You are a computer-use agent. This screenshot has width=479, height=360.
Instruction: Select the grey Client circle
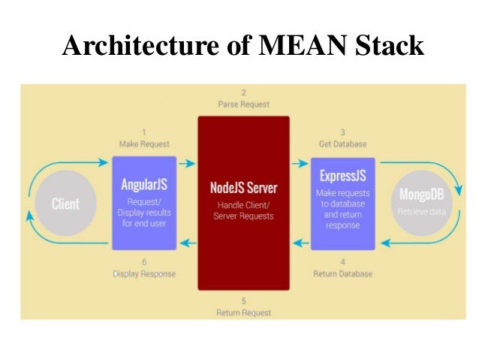[65, 204]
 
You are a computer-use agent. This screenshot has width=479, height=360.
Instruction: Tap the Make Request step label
[144, 144]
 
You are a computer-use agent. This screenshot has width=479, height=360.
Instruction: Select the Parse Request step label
[243, 104]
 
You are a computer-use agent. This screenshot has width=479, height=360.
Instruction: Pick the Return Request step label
[243, 312]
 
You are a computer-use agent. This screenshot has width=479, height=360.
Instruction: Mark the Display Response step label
[144, 274]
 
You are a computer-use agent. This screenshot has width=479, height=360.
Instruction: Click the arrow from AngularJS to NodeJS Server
[187, 163]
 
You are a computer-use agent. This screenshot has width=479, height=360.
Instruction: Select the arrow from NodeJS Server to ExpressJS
[299, 163]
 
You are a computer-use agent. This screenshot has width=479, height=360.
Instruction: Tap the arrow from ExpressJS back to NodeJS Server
[299, 242]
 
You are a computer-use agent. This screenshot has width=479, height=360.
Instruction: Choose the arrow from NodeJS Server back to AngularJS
[187, 242]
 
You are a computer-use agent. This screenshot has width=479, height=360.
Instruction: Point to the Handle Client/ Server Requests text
[243, 210]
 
